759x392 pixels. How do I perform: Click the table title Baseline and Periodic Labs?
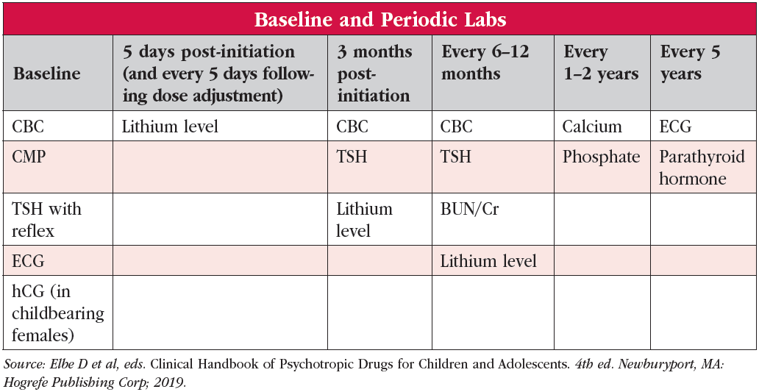[380, 20]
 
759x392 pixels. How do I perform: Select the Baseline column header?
[46, 74]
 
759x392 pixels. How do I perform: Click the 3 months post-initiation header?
[374, 74]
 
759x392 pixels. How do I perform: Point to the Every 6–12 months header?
[485, 63]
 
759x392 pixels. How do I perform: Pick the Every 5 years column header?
[691, 63]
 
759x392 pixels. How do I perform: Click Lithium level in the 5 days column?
[170, 126]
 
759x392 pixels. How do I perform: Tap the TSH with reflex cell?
[47, 219]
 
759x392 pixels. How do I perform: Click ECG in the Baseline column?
[28, 261]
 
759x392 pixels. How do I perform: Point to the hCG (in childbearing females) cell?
[58, 313]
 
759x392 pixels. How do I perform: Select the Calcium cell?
[592, 126]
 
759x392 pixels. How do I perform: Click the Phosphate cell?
[601, 157]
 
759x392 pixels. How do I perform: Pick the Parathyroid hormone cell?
[702, 168]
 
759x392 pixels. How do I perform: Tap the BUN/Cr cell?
[469, 210]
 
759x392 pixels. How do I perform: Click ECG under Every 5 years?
[676, 126]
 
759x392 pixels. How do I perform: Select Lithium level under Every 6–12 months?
[488, 261]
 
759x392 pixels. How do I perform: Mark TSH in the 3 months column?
[352, 157]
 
